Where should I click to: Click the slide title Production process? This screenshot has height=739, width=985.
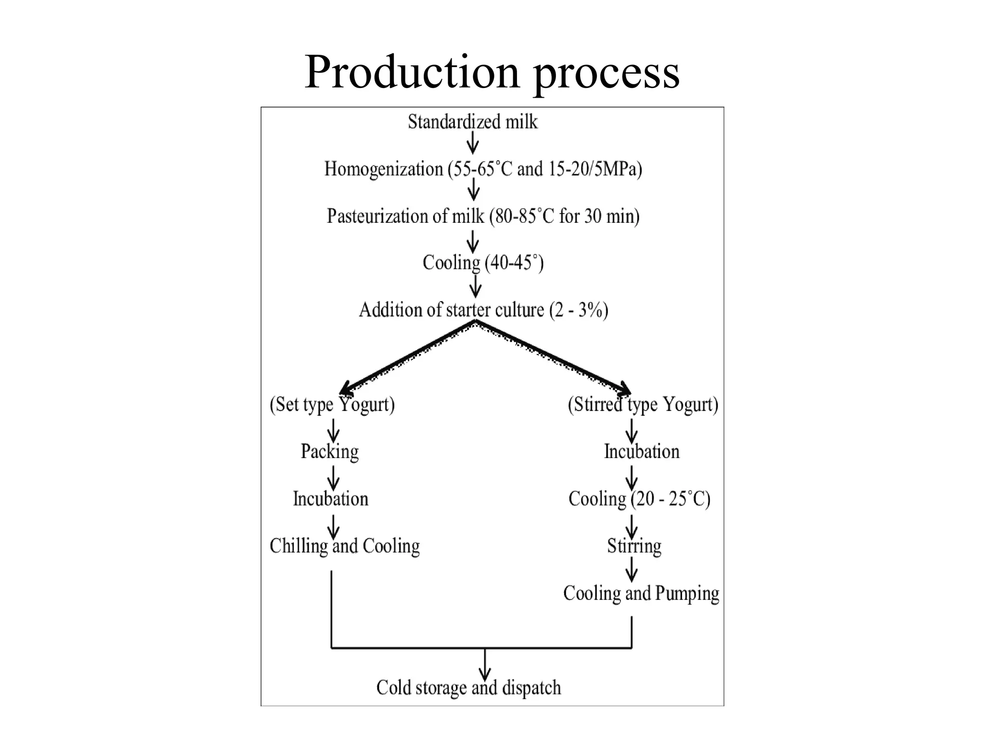(492, 72)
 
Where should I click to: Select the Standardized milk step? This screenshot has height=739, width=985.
(473, 122)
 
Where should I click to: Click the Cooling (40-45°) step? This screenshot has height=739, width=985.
(483, 263)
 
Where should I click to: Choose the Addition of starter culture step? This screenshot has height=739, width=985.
(483, 310)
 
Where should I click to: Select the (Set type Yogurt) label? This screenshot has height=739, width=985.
(332, 404)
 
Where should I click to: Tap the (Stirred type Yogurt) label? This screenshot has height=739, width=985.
(643, 404)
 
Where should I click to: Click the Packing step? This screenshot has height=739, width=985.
(330, 451)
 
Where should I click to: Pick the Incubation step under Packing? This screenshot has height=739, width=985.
(331, 498)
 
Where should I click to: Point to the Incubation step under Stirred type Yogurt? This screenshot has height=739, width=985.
(642, 451)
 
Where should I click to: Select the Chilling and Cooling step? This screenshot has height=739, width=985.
(344, 546)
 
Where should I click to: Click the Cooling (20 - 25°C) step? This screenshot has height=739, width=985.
(639, 498)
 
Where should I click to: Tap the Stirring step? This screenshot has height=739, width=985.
(634, 546)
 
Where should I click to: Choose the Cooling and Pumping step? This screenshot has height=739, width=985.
(641, 593)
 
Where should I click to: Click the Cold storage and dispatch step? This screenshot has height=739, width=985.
(468, 688)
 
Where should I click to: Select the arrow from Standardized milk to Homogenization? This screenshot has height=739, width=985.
(473, 143)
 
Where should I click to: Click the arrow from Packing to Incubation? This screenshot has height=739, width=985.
(333, 478)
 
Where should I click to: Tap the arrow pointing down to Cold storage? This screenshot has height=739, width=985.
(485, 665)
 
